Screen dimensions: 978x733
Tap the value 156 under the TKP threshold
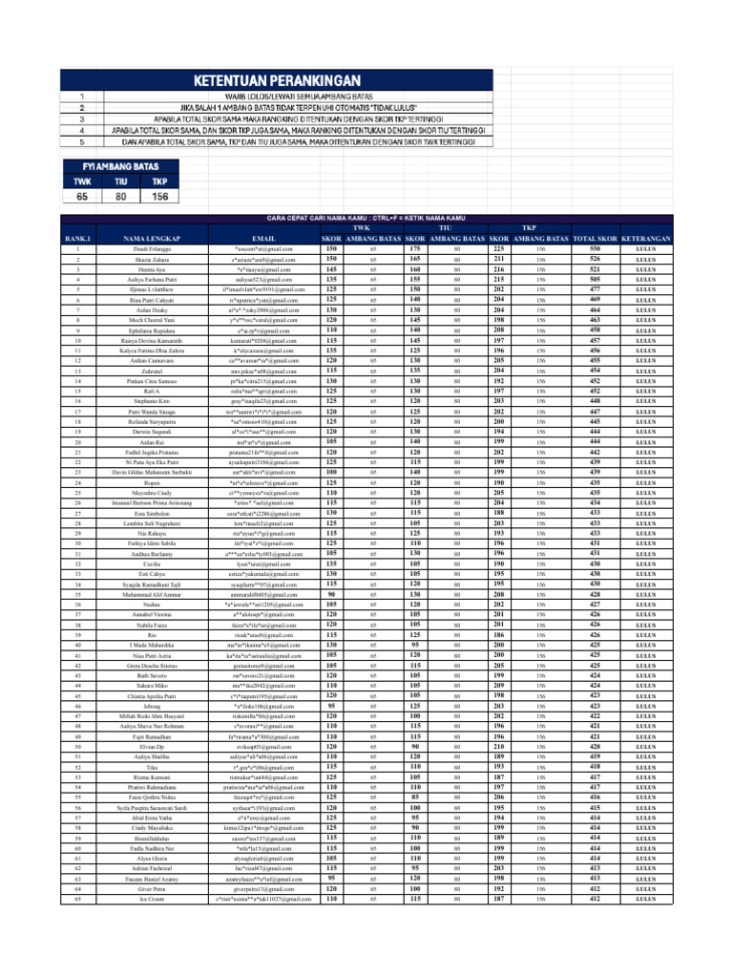[x=159, y=197]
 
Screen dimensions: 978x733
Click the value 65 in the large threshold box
[x=82, y=197]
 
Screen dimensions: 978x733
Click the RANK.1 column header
[x=76, y=238]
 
